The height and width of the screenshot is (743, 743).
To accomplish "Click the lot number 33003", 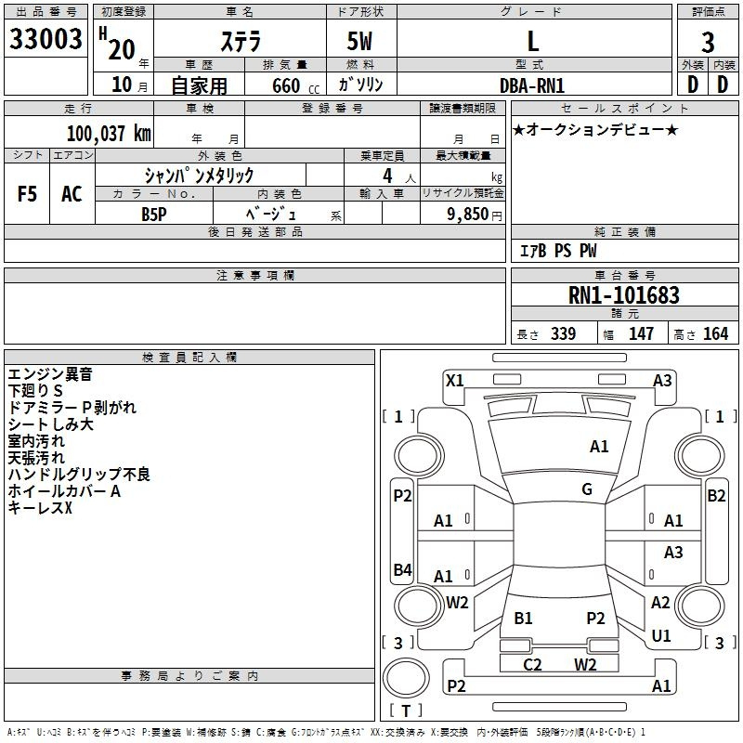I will pos(46,40).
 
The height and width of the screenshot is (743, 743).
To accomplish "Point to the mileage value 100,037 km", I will pos(108,133).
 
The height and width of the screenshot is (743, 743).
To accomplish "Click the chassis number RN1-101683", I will pos(623,295).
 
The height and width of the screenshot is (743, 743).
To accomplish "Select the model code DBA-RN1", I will pos(532,85).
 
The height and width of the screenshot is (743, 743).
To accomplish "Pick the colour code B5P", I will pos(154,213).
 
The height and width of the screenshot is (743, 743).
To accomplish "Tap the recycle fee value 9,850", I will pos(468,214).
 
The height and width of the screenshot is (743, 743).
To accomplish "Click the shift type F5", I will pos(28,194).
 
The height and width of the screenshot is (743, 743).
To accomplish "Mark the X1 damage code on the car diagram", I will pos(455,380).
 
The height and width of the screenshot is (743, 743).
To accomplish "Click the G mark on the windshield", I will pos(587,489).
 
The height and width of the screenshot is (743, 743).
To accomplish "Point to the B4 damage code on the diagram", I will pos(402,569).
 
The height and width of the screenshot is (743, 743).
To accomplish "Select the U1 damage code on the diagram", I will pos(661,636).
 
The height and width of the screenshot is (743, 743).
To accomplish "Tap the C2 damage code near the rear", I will pos(532,664).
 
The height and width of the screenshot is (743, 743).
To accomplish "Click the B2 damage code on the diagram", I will pos(716,496).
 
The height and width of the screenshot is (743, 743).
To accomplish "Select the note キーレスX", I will pos(40,508).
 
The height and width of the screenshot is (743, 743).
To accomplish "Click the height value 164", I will pos(715,334).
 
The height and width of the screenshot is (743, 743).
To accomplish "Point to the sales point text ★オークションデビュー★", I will pos(595,130).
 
